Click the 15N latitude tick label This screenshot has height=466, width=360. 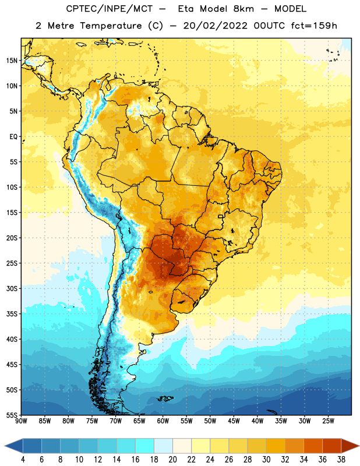click(12, 61)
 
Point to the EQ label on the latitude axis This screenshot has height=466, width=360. click(13, 137)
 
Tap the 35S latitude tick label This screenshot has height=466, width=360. click(12, 314)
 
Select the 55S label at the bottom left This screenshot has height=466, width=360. click(12, 415)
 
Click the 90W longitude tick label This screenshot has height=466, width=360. click(21, 421)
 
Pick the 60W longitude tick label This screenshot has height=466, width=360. click(163, 421)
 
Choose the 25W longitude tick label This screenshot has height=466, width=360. click(328, 421)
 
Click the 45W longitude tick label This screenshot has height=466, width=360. click(234, 421)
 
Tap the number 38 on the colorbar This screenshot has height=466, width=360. click(341, 460)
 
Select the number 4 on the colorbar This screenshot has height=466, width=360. click(23, 460)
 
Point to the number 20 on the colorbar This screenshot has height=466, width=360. click(172, 460)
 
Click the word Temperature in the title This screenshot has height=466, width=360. click(111, 26)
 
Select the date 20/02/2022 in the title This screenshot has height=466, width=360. click(215, 26)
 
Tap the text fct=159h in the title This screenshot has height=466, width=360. click(314, 26)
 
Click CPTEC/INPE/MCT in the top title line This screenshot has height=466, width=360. click(110, 9)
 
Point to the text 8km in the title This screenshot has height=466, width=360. click(243, 9)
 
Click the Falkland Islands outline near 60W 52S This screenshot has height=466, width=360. click(165, 398)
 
